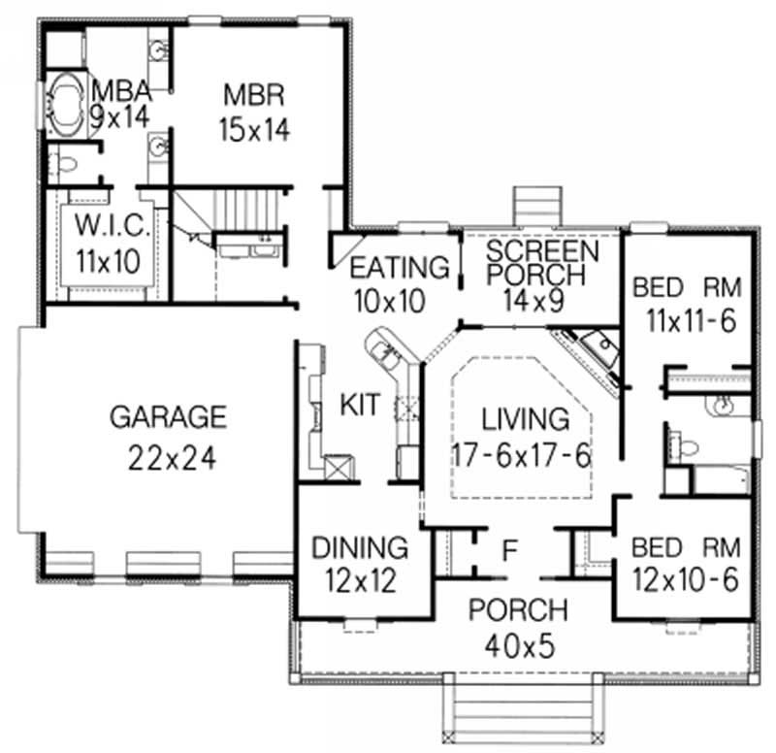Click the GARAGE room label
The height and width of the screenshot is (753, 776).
[167, 418]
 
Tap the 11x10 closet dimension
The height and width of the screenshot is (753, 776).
[113, 260]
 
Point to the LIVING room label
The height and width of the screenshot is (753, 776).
[525, 420]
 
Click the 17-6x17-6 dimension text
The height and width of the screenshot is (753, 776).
[522, 454]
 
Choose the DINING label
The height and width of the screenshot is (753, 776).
[359, 546]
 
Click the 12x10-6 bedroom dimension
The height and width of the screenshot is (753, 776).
[685, 579]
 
